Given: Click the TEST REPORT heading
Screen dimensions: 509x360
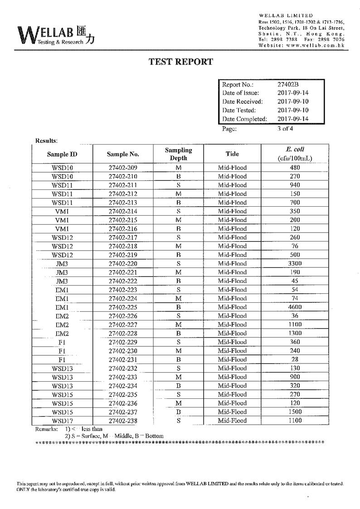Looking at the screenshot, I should (x=181, y=62).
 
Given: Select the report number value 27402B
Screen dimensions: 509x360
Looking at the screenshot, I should (x=288, y=84).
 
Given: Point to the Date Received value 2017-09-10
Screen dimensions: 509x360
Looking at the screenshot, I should (x=293, y=102).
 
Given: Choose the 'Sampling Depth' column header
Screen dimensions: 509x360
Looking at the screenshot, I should (x=178, y=154).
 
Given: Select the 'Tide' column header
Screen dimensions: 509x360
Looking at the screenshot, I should (x=232, y=154).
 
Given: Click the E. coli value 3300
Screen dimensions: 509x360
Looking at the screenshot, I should (x=295, y=263).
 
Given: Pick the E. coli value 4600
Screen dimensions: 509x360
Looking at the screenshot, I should (x=295, y=307).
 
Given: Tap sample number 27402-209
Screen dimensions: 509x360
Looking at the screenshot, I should (x=123, y=168).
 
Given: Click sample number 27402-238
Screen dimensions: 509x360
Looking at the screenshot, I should (x=123, y=421).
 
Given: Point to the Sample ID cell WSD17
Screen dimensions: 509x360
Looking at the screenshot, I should (x=63, y=421).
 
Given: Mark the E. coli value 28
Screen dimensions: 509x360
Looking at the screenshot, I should (x=295, y=359).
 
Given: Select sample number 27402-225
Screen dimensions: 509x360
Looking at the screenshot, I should (x=123, y=307).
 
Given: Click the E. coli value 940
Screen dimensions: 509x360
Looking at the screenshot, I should (x=295, y=185).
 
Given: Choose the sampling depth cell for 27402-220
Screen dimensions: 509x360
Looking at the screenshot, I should (x=179, y=263).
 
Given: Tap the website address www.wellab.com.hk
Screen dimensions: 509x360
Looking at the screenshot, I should (x=315, y=45).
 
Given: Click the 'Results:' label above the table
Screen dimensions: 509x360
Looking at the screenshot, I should (x=46, y=141).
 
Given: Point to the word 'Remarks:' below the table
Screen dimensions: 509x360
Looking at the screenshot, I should (x=46, y=428).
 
